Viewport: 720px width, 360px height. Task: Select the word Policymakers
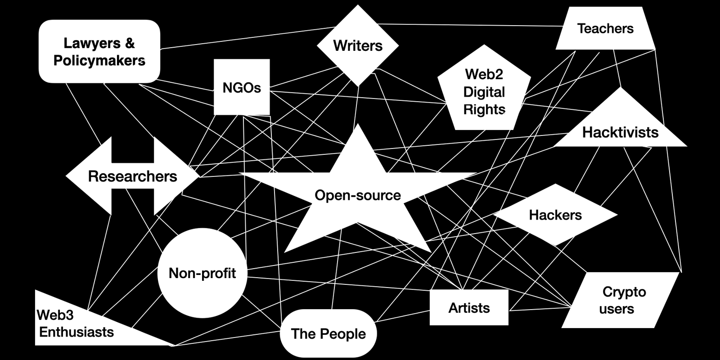pos(99,60)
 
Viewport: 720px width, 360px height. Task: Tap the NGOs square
pos(242,87)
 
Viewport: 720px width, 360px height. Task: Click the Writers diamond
pos(358,45)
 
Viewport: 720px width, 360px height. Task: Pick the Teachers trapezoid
pos(605,28)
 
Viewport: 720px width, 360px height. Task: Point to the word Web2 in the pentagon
pos(484,74)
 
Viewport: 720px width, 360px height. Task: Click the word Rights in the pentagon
pos(484,109)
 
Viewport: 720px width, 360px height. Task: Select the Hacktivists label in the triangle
pos(620,132)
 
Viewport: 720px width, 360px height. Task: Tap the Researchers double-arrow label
pos(132,176)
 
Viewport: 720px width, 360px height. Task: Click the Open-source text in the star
pos(358,195)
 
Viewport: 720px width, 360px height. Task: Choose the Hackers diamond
pos(555,215)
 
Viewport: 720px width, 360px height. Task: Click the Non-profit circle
pos(202,273)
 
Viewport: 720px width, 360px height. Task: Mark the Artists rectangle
pos(469,308)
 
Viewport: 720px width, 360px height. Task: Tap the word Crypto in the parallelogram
pos(624,292)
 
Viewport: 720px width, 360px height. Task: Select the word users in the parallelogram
pos(616,309)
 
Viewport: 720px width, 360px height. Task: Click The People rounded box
pos(328,334)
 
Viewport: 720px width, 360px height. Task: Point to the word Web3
pos(55,315)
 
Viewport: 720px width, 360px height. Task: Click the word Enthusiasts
pos(76,332)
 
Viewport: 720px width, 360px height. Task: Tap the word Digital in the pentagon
pos(484,92)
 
